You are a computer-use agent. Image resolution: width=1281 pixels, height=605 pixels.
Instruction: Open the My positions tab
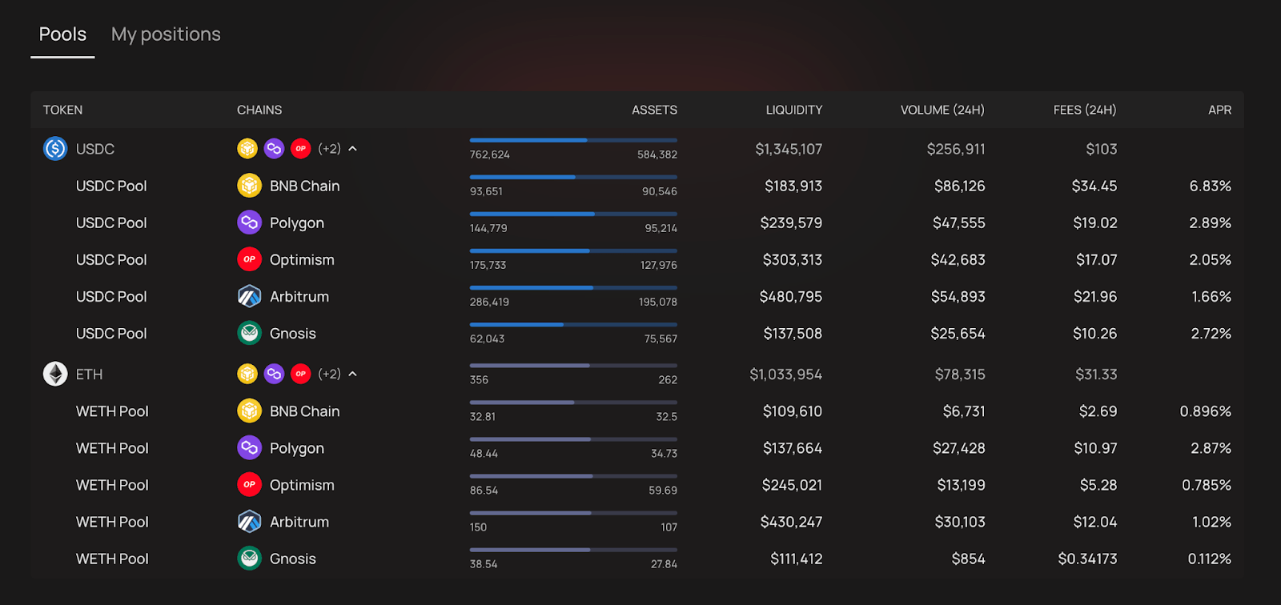(x=166, y=34)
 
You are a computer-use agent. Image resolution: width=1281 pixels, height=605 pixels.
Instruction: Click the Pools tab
(x=62, y=34)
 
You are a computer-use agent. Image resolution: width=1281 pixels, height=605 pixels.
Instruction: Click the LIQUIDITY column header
(x=793, y=110)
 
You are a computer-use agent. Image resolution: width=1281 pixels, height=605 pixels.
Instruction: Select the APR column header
(x=1219, y=110)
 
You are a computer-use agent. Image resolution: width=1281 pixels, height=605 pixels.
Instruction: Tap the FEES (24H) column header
(x=1085, y=110)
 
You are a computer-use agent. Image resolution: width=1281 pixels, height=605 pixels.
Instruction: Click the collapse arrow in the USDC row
(x=353, y=149)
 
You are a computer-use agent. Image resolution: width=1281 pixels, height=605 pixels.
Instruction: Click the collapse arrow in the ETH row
(x=353, y=374)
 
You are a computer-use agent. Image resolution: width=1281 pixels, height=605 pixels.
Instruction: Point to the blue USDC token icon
(x=55, y=149)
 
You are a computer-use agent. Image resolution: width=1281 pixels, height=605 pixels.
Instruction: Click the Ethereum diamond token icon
(x=55, y=374)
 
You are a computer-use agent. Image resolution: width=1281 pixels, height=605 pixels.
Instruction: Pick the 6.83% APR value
(x=1210, y=186)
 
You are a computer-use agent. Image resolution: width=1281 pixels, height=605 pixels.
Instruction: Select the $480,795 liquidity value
(x=790, y=297)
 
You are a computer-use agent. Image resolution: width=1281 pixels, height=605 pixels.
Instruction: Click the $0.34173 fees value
(x=1087, y=559)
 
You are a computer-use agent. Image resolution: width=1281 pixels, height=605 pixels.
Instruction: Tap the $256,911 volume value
(x=956, y=149)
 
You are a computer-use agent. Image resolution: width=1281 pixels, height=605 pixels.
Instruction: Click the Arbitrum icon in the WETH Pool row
(x=249, y=522)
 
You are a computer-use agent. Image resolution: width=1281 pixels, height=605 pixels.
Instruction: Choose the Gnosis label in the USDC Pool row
(x=293, y=334)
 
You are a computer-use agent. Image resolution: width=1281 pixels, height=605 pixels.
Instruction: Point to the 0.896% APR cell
(x=1205, y=411)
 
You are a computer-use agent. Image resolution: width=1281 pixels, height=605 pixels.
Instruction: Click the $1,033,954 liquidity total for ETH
(x=785, y=375)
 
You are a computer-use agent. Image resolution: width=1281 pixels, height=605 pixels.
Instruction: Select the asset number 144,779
(x=488, y=228)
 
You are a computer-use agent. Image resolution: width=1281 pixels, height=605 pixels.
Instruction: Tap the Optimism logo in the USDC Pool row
(x=249, y=259)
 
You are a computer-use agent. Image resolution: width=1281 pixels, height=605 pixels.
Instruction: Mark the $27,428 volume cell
(x=959, y=448)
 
